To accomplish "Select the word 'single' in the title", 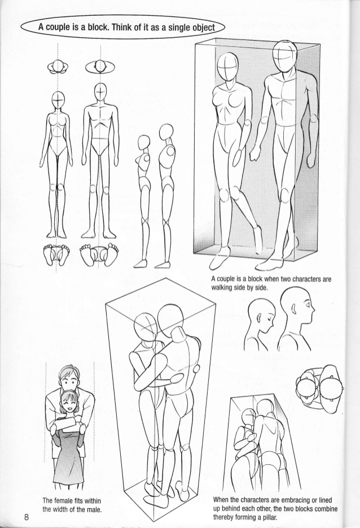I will [x=178, y=27].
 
